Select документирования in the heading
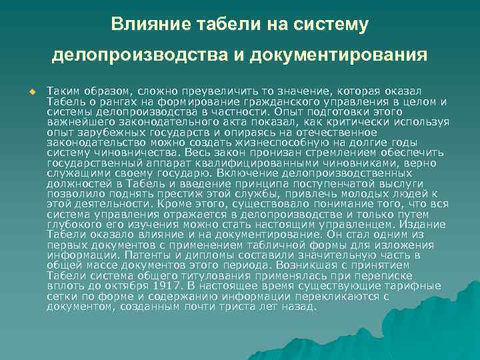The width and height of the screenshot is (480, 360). tap(339, 54)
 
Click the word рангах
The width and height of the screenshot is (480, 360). tap(114, 101)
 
